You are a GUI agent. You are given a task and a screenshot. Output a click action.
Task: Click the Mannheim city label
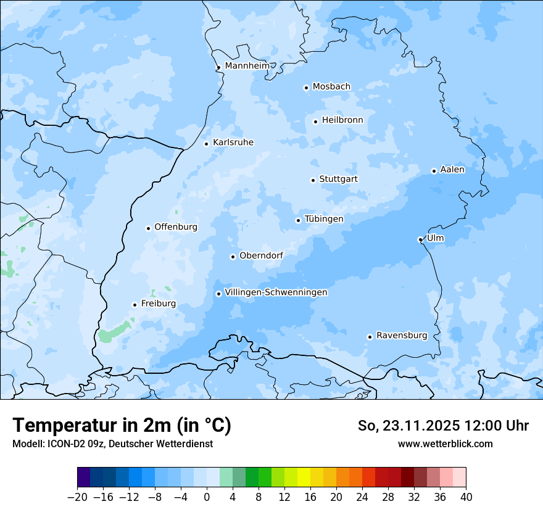click(x=247, y=66)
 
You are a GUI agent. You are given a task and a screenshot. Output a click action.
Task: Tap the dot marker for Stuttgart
click(x=313, y=180)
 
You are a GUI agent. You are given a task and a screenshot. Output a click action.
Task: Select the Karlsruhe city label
click(x=233, y=142)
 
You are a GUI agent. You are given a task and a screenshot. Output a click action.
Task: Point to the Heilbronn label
click(x=342, y=120)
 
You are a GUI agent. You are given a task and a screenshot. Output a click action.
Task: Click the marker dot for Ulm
click(x=420, y=239)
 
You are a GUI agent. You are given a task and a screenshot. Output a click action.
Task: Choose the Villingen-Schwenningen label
click(x=276, y=292)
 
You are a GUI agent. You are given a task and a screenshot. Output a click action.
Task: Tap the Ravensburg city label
click(x=402, y=336)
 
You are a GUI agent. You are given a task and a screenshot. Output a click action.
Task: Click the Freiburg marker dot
click(x=135, y=305)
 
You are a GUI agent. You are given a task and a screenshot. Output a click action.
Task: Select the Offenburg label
click(x=176, y=227)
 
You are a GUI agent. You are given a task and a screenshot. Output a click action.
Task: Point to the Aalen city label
click(x=452, y=170)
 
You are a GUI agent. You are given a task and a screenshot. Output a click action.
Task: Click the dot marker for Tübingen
click(x=298, y=220)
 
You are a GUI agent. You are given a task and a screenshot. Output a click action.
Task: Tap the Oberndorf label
click(x=261, y=255)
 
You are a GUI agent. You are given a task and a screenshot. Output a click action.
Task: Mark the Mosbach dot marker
click(x=306, y=88)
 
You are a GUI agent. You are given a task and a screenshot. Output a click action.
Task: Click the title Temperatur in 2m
click(x=122, y=426)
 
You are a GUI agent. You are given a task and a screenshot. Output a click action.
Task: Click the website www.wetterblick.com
click(x=445, y=444)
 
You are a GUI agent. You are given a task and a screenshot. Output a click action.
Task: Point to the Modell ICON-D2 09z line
click(x=112, y=444)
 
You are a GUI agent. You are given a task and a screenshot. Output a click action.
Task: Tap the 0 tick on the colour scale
click(x=207, y=497)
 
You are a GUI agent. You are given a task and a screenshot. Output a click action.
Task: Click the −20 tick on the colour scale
click(x=78, y=497)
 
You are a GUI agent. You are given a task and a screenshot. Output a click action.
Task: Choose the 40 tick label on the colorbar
click(x=466, y=497)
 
